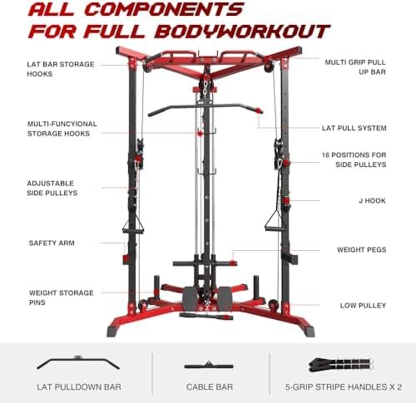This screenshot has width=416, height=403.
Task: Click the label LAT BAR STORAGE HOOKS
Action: click(61, 69)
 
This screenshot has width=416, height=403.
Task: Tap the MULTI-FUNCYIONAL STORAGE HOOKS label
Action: click(62, 129)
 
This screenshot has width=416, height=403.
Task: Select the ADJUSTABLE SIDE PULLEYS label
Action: click(52, 188)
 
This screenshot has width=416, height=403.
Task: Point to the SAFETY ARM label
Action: click(52, 243)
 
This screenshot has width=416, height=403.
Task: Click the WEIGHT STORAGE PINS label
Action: click(62, 297)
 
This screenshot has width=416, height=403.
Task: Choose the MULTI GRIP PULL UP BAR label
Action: click(355, 67)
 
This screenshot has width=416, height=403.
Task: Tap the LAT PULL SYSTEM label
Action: click(354, 128)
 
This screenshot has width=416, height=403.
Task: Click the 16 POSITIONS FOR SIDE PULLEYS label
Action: click(354, 160)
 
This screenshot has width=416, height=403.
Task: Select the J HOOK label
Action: click(372, 201)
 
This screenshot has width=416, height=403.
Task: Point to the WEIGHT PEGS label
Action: click(361, 250)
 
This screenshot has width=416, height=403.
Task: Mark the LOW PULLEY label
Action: click(363, 306)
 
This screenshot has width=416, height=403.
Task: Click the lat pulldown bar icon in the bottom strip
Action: click(78, 363)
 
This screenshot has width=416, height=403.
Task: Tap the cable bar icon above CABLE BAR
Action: click(209, 366)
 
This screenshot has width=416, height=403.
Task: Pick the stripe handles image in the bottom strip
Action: click(341, 365)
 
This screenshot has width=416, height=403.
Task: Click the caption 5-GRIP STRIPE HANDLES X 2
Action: click(344, 387)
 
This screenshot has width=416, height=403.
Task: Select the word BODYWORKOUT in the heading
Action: click(242, 31)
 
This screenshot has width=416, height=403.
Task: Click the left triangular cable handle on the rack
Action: click(133, 225)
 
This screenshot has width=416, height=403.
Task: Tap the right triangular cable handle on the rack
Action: click(275, 221)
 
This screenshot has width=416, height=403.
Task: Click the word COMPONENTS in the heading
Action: click(166, 9)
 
